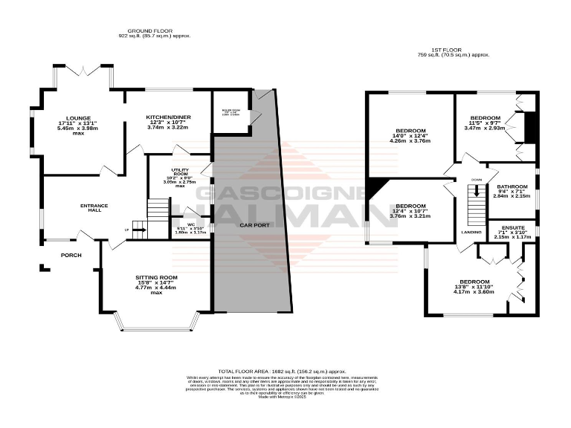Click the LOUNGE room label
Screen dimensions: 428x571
click(78, 118)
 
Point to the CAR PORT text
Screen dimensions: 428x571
click(254, 224)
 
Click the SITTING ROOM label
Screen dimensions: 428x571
click(155, 277)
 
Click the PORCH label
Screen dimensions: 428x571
click(71, 255)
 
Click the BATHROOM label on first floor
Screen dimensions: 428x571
click(512, 187)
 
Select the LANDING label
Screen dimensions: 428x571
click(471, 233)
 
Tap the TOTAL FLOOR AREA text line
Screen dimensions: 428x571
click(282, 371)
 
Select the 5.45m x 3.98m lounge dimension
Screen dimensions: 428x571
click(78, 128)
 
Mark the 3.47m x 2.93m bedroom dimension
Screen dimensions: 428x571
click(484, 128)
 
